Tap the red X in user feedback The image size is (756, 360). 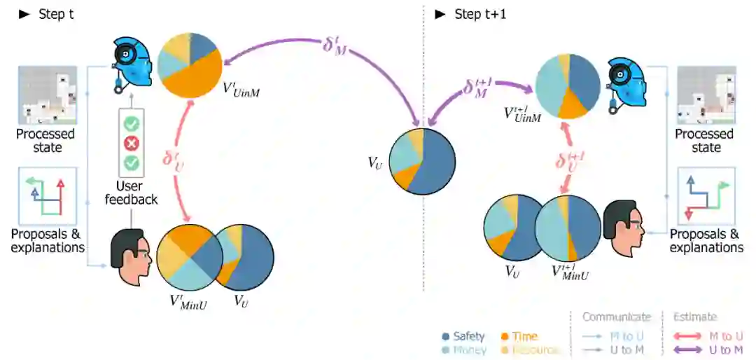[x=131, y=144]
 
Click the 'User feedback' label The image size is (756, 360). [x=131, y=193]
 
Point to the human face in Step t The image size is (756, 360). [x=132, y=256]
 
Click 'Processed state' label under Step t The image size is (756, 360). [x=47, y=141]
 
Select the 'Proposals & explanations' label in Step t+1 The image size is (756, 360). [x=706, y=241]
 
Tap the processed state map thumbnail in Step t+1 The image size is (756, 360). [x=706, y=95]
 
